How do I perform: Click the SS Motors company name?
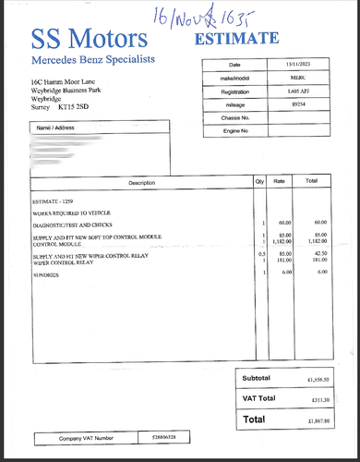[89, 39]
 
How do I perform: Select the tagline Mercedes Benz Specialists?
[93, 60]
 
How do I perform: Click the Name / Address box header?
[55, 127]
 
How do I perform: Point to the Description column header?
[141, 182]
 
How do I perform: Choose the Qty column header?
[259, 182]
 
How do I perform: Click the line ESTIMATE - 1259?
[56, 201]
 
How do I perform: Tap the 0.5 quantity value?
[262, 254]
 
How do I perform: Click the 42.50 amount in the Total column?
[320, 254]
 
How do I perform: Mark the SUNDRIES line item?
[46, 274]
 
